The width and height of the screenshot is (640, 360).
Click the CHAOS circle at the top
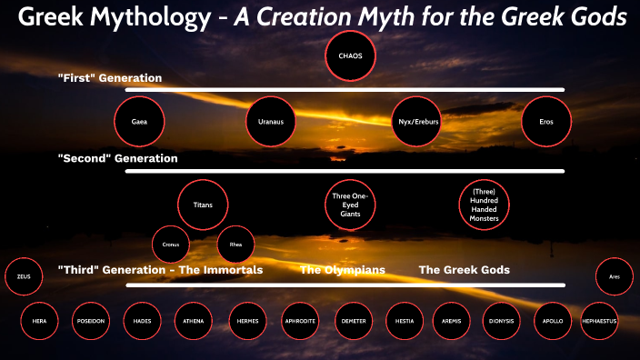tap(350, 55)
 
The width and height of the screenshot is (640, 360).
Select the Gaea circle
tap(139, 120)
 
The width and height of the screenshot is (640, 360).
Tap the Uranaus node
tap(272, 120)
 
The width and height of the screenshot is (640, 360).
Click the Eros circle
tap(546, 120)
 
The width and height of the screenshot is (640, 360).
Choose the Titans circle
tap(203, 205)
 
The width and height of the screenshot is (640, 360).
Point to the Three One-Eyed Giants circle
tap(350, 205)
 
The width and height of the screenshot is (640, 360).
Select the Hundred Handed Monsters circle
tap(484, 205)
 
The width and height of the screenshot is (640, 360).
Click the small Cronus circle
tap(170, 245)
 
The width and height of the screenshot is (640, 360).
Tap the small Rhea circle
tap(235, 245)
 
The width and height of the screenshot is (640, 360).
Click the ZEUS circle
tap(24, 277)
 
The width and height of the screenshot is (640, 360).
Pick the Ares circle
tap(615, 277)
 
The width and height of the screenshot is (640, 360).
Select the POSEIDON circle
tap(96, 321)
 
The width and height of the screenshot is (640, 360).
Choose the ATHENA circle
tap(193, 321)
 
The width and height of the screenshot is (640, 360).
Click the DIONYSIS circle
tap(502, 321)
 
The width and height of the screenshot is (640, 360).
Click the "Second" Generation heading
tap(117, 158)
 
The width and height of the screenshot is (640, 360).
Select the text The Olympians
tap(343, 270)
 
